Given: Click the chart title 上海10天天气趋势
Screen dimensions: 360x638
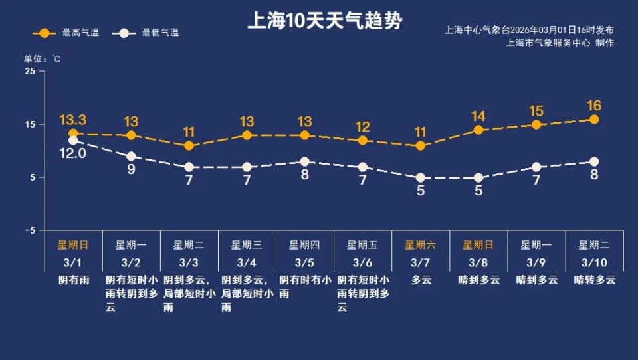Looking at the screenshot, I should coord(324,21).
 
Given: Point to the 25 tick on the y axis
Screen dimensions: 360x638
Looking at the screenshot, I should coord(31,71).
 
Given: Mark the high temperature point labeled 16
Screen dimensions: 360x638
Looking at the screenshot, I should coord(594,120).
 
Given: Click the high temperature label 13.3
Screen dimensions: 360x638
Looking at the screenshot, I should coord(73,120).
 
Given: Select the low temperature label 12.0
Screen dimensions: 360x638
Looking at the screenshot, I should coord(73,153).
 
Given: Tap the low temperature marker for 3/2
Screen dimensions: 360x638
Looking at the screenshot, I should coord(131,157).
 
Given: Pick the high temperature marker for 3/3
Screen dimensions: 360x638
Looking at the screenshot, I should coord(189,146).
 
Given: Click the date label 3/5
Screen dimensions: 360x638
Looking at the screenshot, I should coord(304,262).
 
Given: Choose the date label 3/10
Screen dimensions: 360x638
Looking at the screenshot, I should coord(594,262).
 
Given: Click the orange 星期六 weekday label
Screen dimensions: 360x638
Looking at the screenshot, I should coord(420,245).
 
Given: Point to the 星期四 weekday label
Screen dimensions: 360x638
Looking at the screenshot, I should coord(304,245).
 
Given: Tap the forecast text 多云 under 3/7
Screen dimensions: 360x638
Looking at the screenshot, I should coord(420,280).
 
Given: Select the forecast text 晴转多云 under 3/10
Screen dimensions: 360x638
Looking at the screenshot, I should coord(594,280).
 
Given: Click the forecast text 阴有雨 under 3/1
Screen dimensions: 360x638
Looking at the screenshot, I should coord(73,280).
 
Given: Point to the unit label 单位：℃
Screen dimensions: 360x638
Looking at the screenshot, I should coord(43,58).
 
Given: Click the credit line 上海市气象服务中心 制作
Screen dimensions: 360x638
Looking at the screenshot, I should coord(560,43).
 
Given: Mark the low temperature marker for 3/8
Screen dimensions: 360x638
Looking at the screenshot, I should coord(478,178).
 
